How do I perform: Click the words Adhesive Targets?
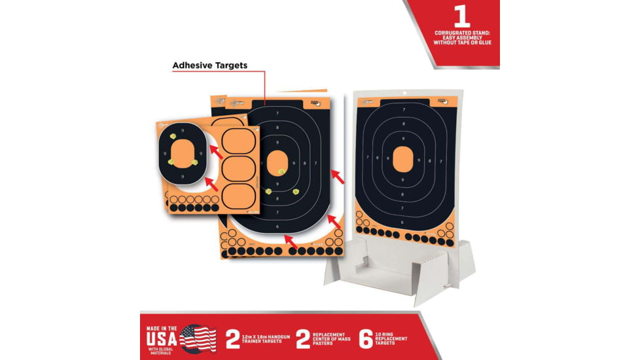click(x=209, y=65)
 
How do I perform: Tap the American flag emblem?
click(x=198, y=338)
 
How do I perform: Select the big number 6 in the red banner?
click(x=366, y=338)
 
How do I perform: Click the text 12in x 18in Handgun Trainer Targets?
click(x=270, y=338)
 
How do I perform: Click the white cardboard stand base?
click(x=399, y=268)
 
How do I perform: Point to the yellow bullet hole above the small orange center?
click(x=173, y=136)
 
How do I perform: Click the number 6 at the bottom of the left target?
click(x=277, y=226)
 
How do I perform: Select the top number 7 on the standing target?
click(x=404, y=109)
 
